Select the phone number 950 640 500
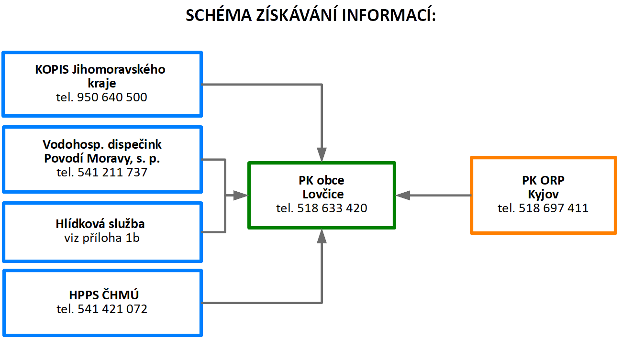click(x=112, y=97)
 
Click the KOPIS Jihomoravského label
click(x=100, y=69)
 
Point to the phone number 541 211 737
click(x=112, y=172)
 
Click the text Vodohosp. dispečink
click(x=102, y=144)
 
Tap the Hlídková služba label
click(x=100, y=224)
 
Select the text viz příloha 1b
click(x=101, y=238)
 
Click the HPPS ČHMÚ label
click(x=104, y=295)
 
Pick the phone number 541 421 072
click(x=112, y=309)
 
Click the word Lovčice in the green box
click(x=323, y=194)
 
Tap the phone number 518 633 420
click(x=332, y=208)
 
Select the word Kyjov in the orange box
click(x=543, y=194)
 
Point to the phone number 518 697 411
click(x=554, y=208)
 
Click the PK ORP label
click(x=543, y=180)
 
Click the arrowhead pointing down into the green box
click(x=322, y=155)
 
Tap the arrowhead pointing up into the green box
click(x=322, y=236)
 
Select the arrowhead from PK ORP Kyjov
click(x=403, y=196)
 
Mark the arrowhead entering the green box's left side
click(x=241, y=196)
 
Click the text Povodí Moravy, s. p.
click(x=102, y=159)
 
